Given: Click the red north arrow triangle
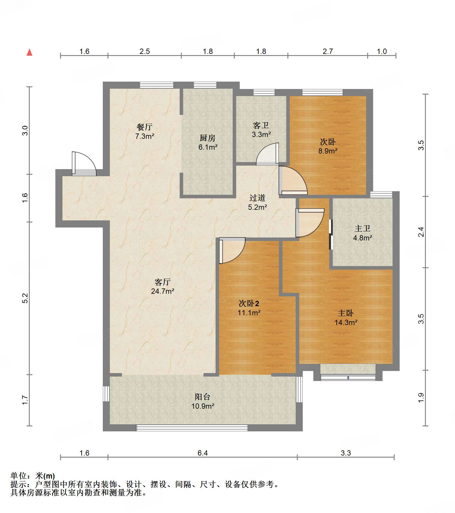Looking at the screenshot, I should [29, 52].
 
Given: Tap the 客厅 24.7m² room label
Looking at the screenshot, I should [163, 287].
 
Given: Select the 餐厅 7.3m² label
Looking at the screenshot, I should [145, 131].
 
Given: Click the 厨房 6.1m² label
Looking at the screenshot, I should [208, 142].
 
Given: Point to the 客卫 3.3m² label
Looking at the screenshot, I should [261, 130].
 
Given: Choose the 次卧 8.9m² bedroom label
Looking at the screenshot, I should [327, 146].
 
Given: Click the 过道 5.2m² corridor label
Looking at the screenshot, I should [257, 202].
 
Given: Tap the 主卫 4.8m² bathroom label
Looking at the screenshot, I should [362, 233].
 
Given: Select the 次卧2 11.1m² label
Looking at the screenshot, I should [249, 308].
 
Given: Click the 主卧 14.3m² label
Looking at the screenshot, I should [346, 318].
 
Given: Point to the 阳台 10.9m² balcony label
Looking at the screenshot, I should [203, 401].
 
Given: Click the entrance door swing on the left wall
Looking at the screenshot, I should [84, 164].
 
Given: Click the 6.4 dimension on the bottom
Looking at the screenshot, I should [203, 453].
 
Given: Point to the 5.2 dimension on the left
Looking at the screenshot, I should [25, 298].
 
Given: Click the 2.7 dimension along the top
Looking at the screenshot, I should [327, 52].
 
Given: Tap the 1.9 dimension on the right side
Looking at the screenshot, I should [421, 397].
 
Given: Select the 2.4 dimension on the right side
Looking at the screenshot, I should [421, 232].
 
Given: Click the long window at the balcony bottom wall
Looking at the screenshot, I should [192, 428].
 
